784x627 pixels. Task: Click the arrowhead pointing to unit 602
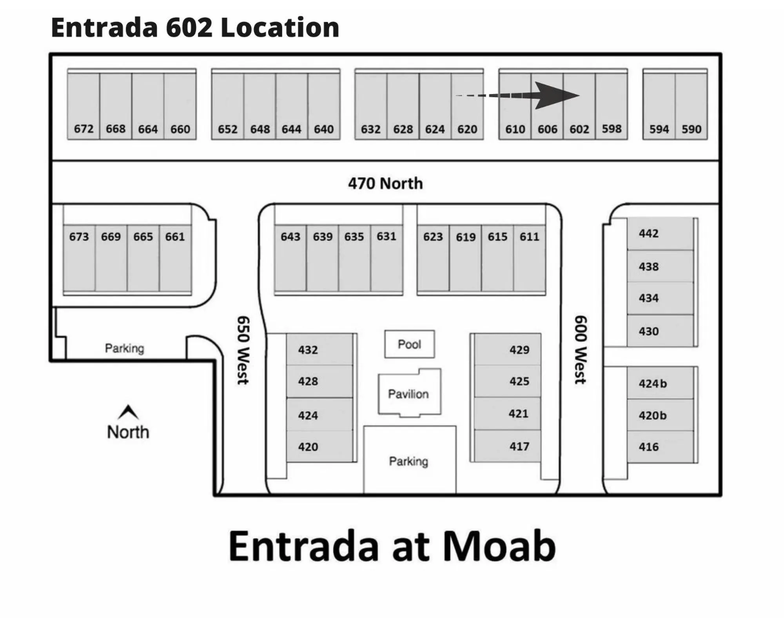[x=557, y=95]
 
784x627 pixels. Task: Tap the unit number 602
[x=579, y=129]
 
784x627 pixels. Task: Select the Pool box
[x=409, y=344]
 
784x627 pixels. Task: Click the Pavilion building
[x=409, y=393]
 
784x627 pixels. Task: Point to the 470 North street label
[x=385, y=183]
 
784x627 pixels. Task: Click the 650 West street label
[x=243, y=350]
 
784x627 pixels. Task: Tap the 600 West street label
[x=580, y=350]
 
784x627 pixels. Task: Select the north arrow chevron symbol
[x=128, y=412]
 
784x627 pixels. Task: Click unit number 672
[x=83, y=129]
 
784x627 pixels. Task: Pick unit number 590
[x=691, y=129]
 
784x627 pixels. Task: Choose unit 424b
[x=653, y=384]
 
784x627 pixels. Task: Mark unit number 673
[x=79, y=237]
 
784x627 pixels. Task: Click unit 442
[x=649, y=234]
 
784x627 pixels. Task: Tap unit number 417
[x=519, y=446]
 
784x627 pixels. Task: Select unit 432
[x=308, y=350]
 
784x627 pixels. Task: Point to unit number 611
[x=529, y=237]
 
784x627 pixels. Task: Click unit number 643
[x=290, y=237]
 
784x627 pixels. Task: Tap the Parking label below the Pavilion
[x=408, y=461]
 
